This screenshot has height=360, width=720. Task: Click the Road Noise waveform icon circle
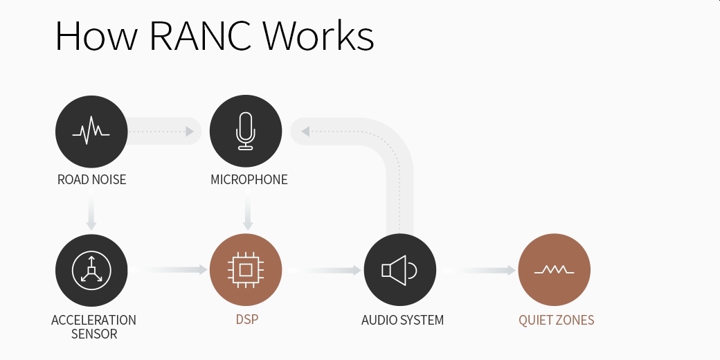(x=91, y=132)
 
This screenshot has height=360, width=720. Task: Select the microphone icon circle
(x=246, y=132)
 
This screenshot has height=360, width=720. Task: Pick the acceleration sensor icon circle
(x=91, y=270)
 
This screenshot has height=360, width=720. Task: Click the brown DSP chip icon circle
(x=246, y=270)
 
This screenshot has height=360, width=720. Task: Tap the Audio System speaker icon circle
(x=399, y=270)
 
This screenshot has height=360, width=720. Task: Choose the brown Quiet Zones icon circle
(x=554, y=270)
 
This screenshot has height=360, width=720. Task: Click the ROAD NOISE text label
(x=91, y=180)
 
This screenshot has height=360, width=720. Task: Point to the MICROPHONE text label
(x=249, y=180)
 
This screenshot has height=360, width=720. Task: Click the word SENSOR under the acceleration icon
(x=93, y=334)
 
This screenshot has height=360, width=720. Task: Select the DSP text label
(x=246, y=321)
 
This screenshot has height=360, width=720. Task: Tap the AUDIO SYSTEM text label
(x=402, y=321)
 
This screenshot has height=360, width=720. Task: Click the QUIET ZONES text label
(x=556, y=321)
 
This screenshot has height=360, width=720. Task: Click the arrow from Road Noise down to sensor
(x=91, y=215)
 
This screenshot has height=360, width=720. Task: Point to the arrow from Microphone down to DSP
(x=247, y=215)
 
